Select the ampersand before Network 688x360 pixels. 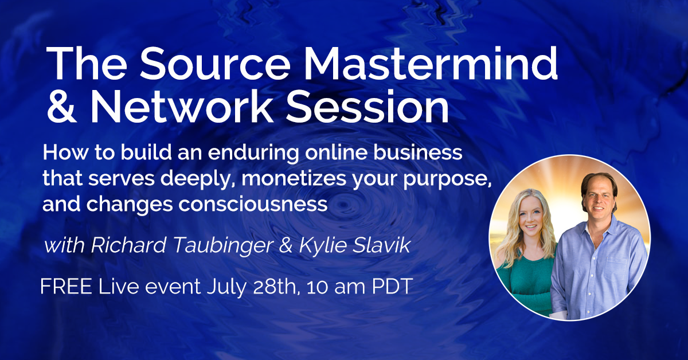point(61,106)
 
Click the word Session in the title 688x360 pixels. point(367,106)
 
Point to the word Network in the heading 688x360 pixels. point(181,106)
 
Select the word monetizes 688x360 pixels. point(294,178)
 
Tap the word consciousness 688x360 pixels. point(253,204)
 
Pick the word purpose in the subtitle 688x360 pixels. point(447,179)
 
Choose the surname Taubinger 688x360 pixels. point(223,246)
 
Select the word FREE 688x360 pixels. point(66,287)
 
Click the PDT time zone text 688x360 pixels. point(392,287)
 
